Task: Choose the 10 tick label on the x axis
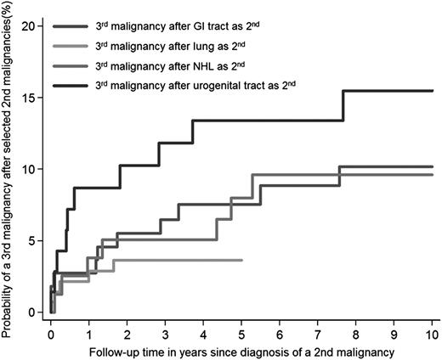point(433,326)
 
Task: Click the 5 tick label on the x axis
point(242,326)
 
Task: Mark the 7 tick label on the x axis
point(319,326)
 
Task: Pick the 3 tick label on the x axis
point(166,326)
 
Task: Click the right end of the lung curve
point(242,260)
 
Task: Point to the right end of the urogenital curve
point(433,91)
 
